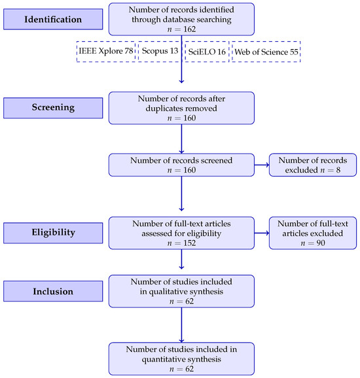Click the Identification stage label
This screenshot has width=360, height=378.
[53, 19]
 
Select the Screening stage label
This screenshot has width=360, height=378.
[53, 108]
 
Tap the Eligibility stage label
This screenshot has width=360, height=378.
[53, 233]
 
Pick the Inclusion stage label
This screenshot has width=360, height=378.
[53, 291]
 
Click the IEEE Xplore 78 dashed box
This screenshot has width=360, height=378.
[106, 52]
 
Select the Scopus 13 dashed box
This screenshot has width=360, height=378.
[160, 52]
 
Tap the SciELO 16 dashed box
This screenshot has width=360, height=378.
[207, 52]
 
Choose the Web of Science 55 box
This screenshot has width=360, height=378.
[266, 52]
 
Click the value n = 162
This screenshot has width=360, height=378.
[181, 29]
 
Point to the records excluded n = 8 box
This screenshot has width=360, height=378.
[313, 165]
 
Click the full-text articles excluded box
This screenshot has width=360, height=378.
[313, 233]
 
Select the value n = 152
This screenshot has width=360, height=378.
[181, 243]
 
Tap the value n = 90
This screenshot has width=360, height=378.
[313, 243]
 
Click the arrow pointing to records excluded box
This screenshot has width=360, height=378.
[262, 165]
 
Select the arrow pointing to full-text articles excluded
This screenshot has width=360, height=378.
[262, 233]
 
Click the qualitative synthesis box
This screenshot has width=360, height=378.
[181, 291]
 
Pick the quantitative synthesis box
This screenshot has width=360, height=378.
[181, 359]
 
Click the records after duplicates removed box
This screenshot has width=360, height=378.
[181, 108]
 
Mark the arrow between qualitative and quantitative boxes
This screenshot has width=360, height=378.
[181, 325]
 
